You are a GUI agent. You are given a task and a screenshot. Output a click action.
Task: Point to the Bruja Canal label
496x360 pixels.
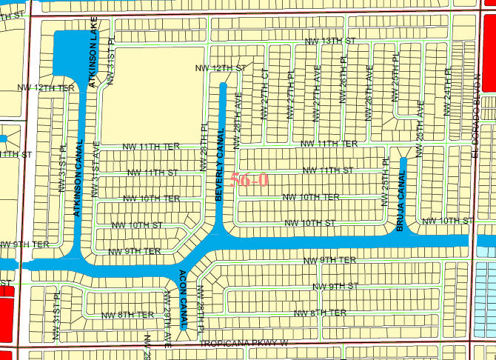[401, 204]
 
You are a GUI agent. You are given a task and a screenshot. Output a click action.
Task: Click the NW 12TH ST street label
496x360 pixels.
[220, 67]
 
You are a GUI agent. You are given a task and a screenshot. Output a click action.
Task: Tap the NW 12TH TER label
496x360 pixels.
[46, 87]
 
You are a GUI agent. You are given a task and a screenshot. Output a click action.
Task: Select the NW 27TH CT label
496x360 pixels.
[264, 93]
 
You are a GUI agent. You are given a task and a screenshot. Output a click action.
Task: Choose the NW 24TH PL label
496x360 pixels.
[447, 93]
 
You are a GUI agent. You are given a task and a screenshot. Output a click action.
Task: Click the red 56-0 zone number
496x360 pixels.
[249, 179]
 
